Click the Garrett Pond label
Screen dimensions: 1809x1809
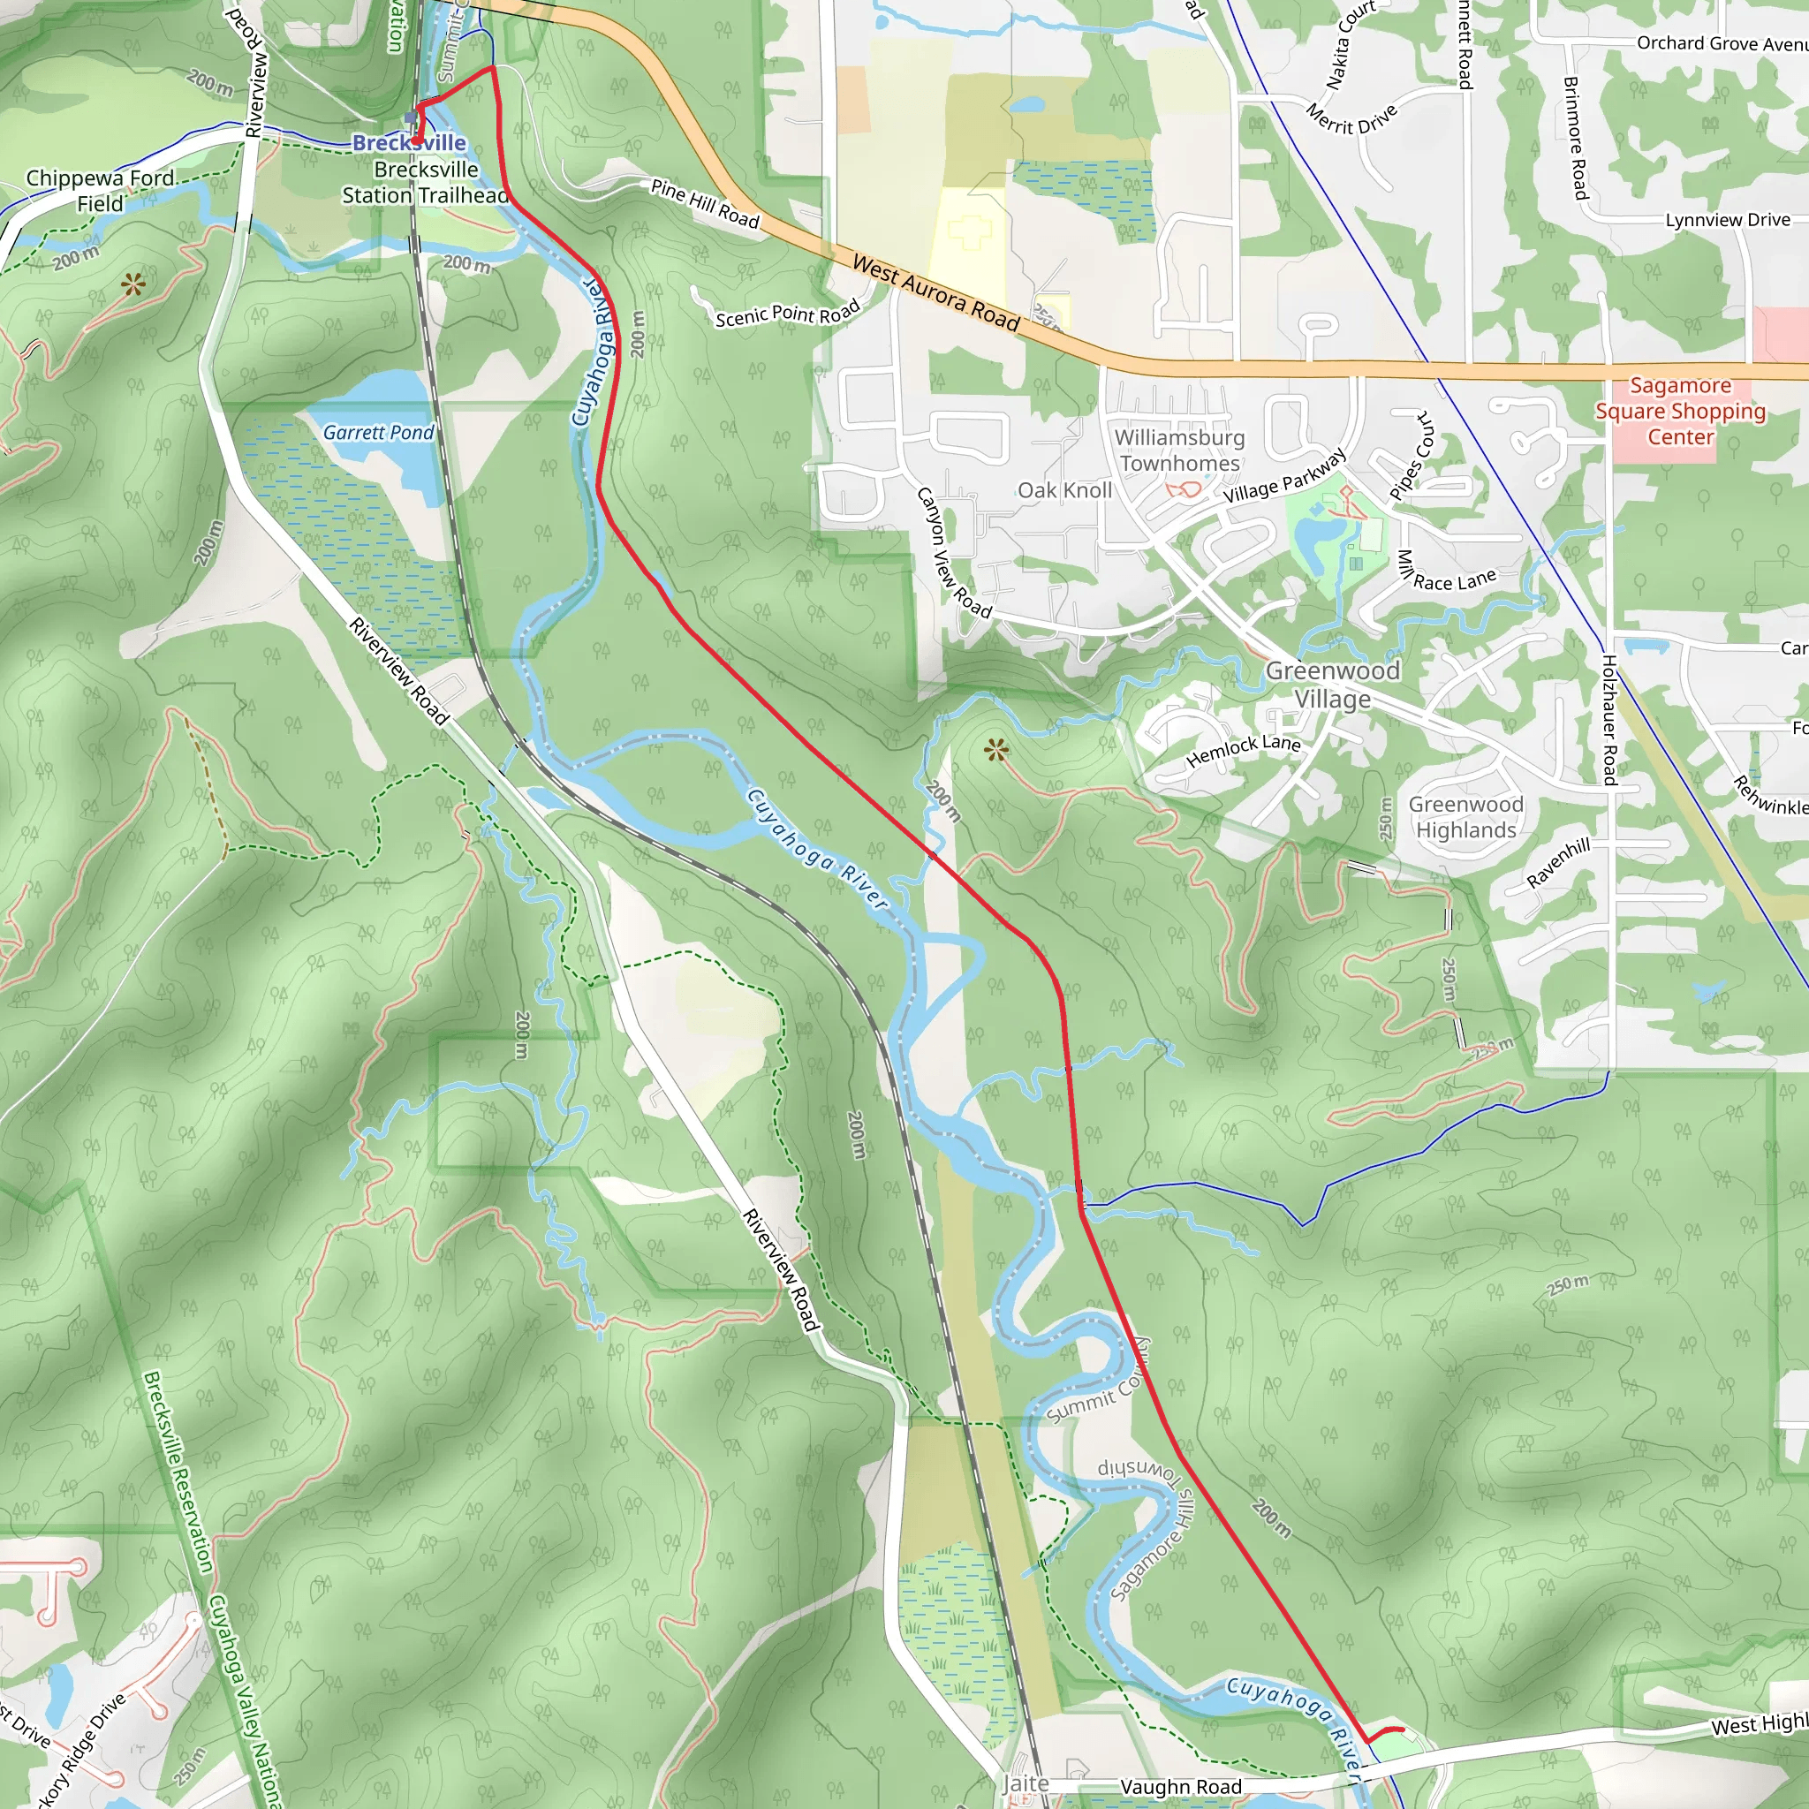(x=378, y=433)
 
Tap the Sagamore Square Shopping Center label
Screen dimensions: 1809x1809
(x=1681, y=411)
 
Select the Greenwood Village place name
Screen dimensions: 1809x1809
(x=1332, y=685)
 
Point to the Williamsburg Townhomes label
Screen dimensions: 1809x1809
(x=1179, y=450)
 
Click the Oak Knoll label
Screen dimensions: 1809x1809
(x=1064, y=490)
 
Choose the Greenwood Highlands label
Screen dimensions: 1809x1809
(x=1465, y=817)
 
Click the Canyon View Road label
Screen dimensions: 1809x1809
(x=952, y=552)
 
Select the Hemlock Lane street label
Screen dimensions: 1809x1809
(x=1244, y=749)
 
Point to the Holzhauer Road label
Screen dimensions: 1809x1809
(x=1608, y=720)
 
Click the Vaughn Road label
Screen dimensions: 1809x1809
(x=1181, y=1787)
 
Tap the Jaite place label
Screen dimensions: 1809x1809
(x=1026, y=1783)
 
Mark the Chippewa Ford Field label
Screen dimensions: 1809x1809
(x=100, y=191)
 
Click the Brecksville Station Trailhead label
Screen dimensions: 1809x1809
(x=426, y=183)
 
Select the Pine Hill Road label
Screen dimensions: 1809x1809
(x=704, y=203)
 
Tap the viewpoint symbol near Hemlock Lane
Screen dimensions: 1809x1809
(x=996, y=750)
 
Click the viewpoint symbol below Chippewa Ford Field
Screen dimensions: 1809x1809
(x=133, y=284)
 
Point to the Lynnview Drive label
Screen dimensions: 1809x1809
(x=1728, y=220)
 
